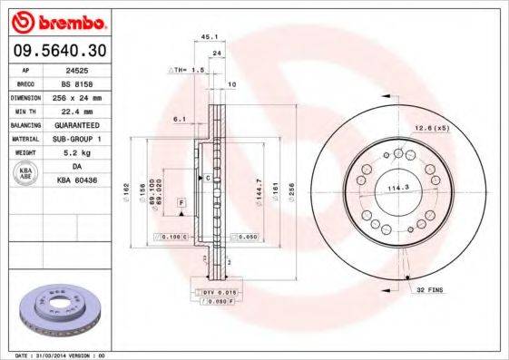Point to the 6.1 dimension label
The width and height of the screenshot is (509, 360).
click(179, 119)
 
